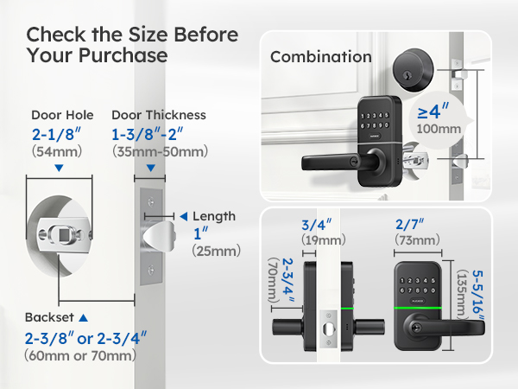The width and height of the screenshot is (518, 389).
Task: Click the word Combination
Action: (321, 57)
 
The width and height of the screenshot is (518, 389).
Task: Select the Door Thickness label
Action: (158, 115)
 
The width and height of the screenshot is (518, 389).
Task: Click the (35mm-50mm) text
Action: (160, 151)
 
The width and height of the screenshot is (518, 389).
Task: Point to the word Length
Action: (214, 216)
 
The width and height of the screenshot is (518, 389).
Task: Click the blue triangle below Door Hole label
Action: (58, 168)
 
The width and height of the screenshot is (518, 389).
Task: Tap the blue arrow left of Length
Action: (183, 216)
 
